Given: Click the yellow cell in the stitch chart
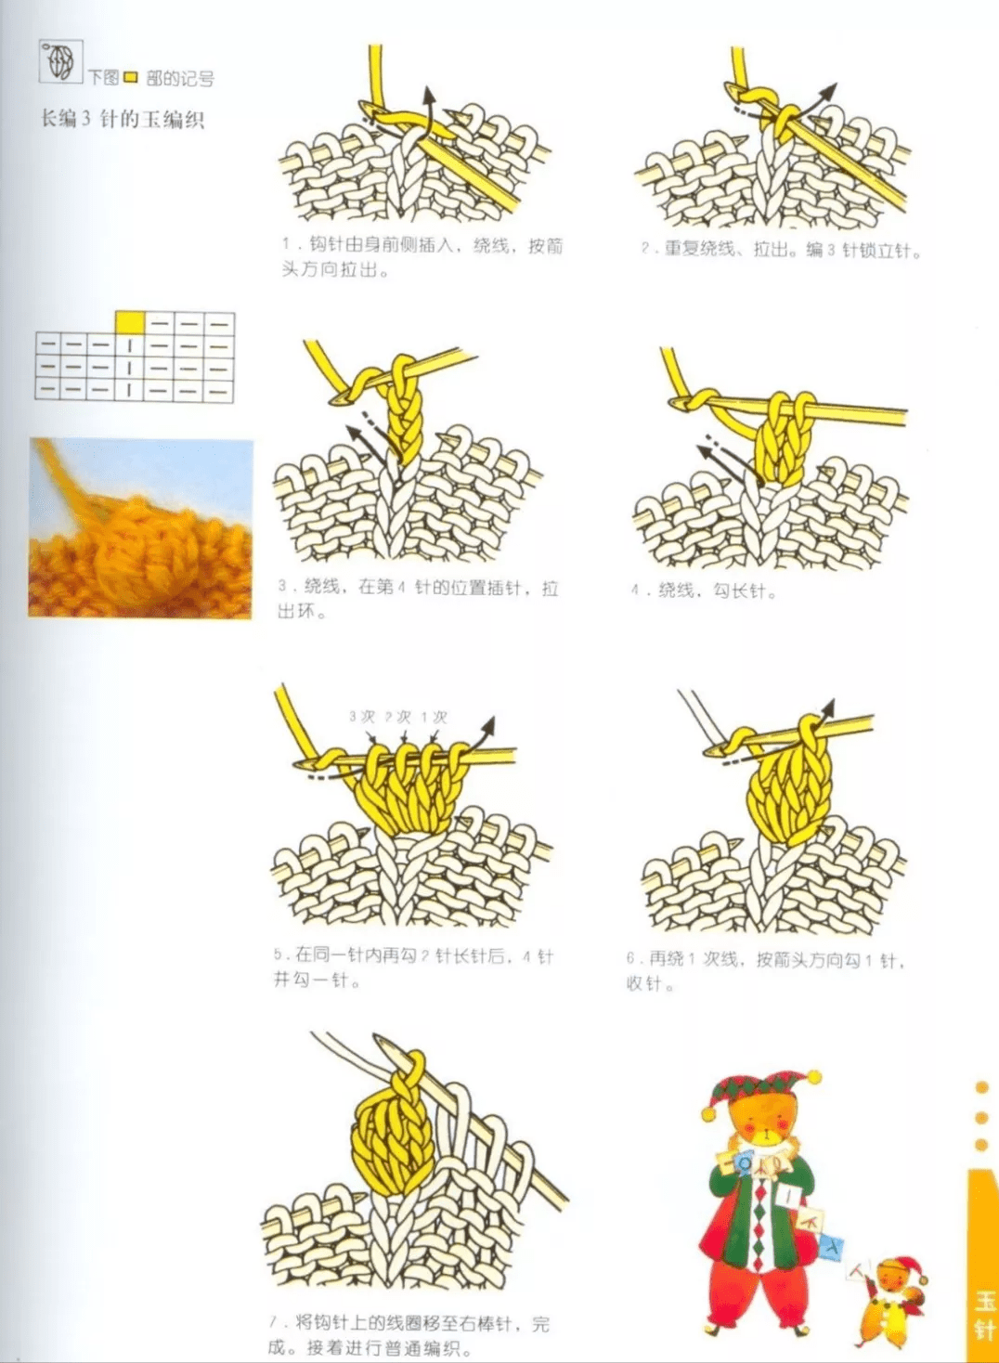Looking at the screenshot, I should [130, 322].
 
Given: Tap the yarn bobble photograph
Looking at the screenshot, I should [140, 528].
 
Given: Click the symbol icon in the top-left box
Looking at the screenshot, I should [60, 62].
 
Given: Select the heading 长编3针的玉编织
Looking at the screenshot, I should [122, 119].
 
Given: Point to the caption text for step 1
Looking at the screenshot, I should [422, 257].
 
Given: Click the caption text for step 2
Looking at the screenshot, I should [780, 250].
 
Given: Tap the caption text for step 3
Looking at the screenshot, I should [417, 599].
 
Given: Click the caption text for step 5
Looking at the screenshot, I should [412, 967].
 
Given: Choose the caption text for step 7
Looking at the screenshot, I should [409, 1334].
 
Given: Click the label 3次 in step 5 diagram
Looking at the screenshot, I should [361, 717].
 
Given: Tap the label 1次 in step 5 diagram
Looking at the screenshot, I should [434, 717].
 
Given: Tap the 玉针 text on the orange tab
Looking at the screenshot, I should [983, 1314].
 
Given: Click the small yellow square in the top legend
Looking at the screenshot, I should [131, 78].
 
